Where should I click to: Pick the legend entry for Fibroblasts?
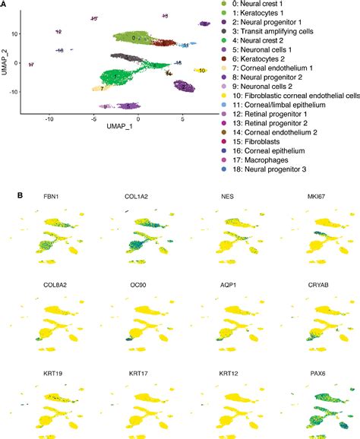273,141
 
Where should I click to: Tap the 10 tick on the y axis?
13,33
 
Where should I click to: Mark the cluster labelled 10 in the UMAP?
201,70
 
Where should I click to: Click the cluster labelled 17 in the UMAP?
30,65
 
